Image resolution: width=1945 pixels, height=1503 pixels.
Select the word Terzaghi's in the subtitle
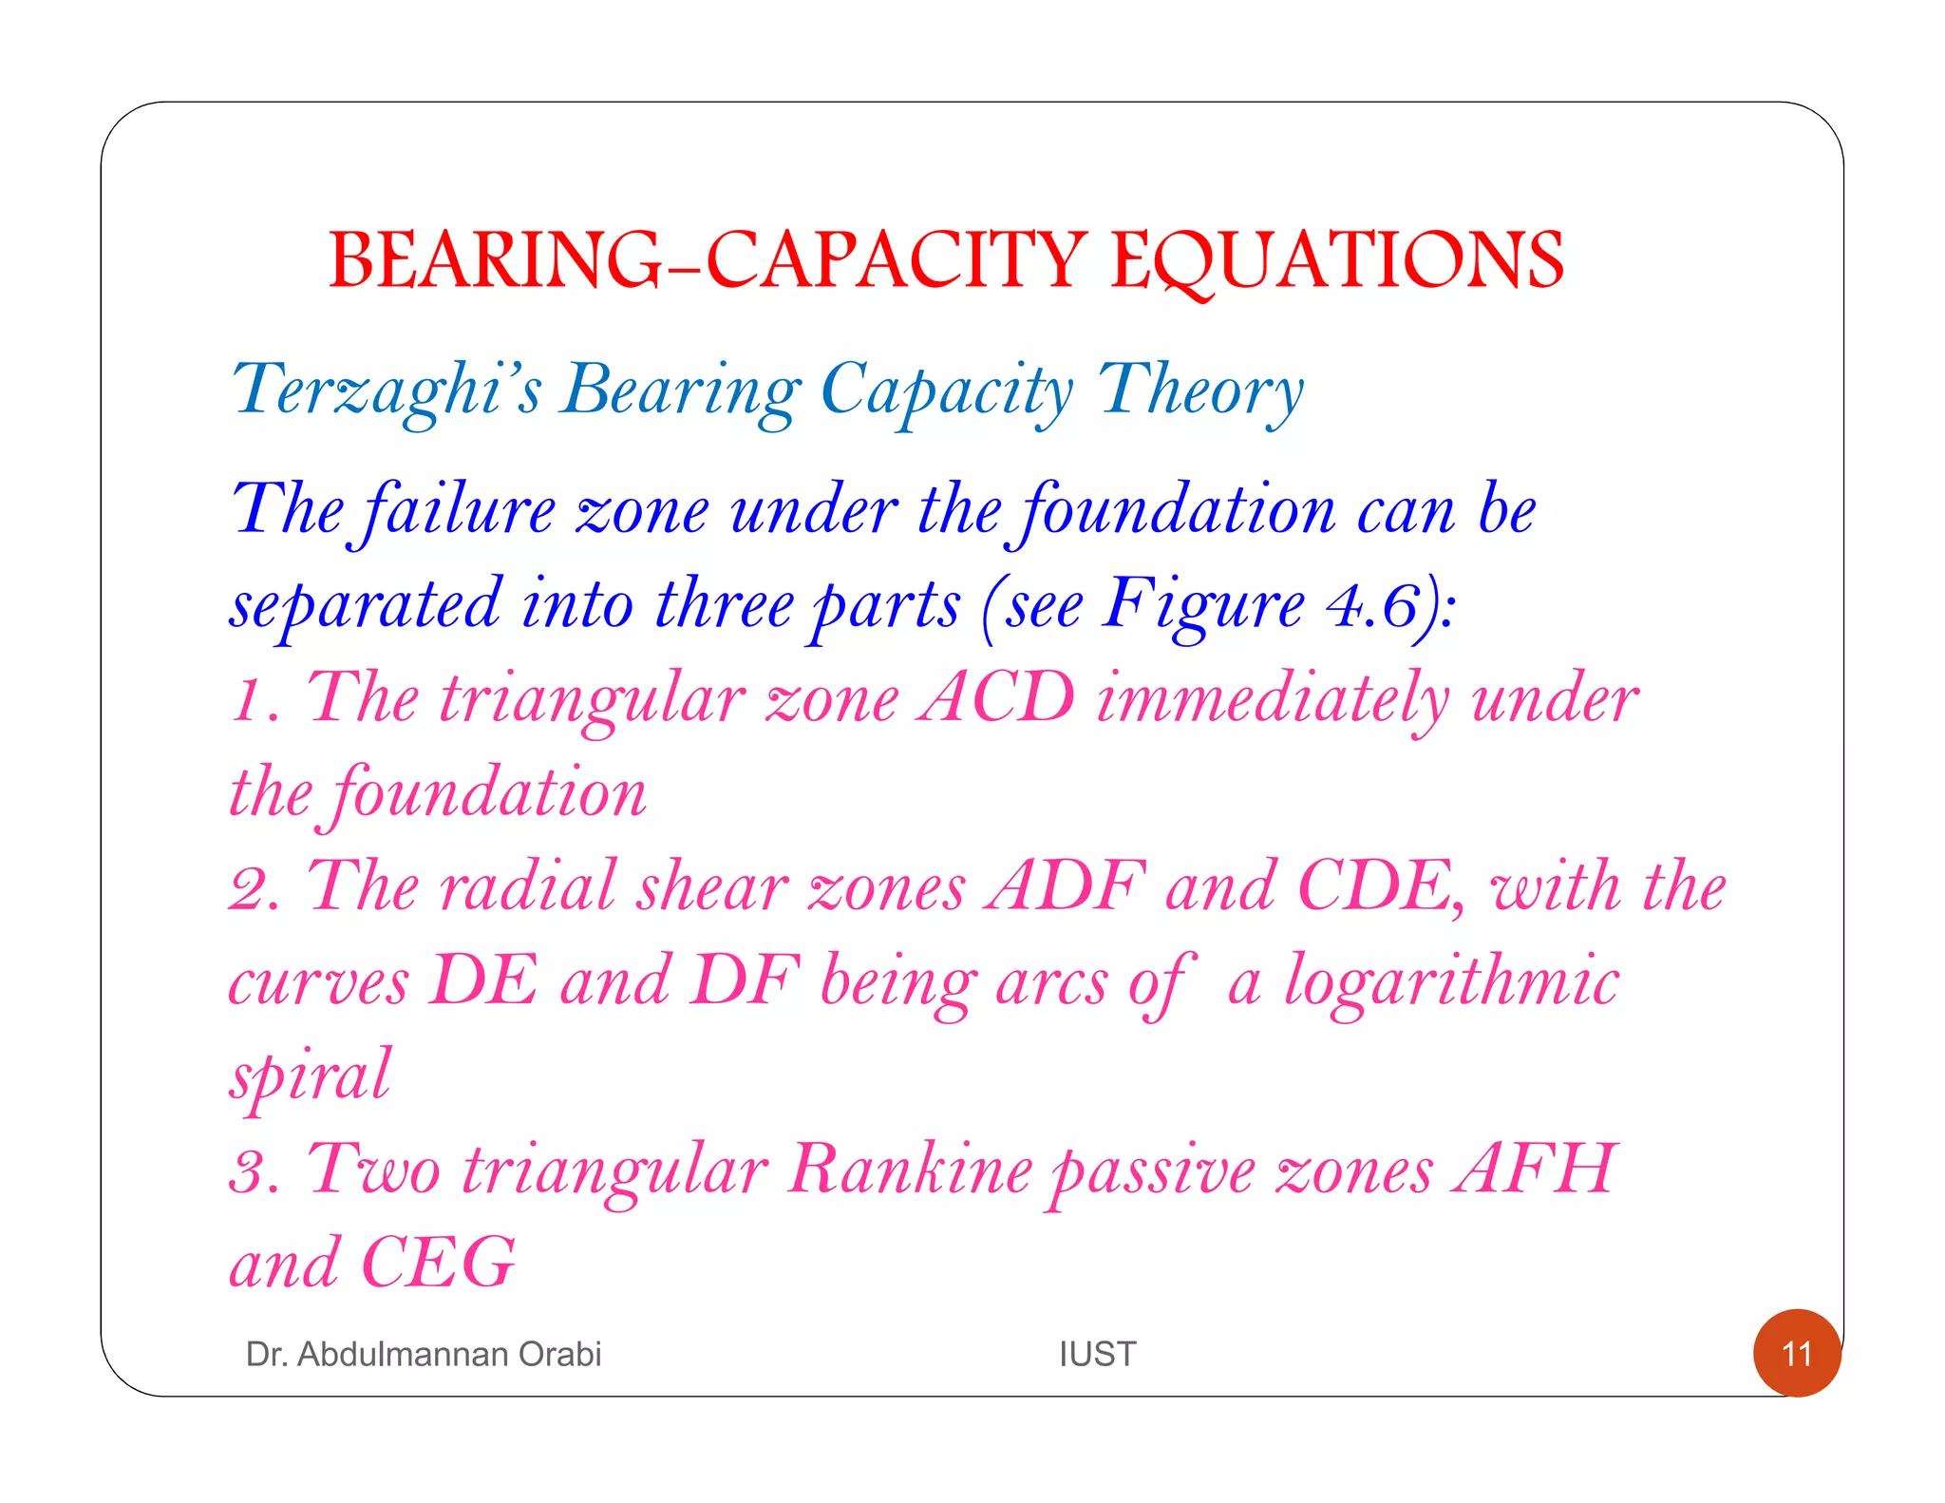coord(387,390)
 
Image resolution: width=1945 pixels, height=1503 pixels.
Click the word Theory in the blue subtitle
coord(1200,390)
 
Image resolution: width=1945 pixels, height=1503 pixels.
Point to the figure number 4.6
coord(1373,604)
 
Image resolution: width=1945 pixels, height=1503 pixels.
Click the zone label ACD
coord(996,698)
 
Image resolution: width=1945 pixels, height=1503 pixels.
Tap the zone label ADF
coord(1064,886)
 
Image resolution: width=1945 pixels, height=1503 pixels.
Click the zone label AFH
coord(1535,1169)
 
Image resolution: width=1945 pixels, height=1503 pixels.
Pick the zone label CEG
coord(438,1263)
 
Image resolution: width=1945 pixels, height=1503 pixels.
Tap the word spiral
coord(310,1076)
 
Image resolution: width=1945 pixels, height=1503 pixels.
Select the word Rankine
coord(910,1169)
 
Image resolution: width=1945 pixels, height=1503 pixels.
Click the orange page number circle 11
coord(1797,1353)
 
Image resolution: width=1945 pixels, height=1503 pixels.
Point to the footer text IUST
coord(1097,1354)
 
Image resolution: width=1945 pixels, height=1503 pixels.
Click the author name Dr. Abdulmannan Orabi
coord(424,1354)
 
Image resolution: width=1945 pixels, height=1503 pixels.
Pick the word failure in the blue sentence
coord(460,511)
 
